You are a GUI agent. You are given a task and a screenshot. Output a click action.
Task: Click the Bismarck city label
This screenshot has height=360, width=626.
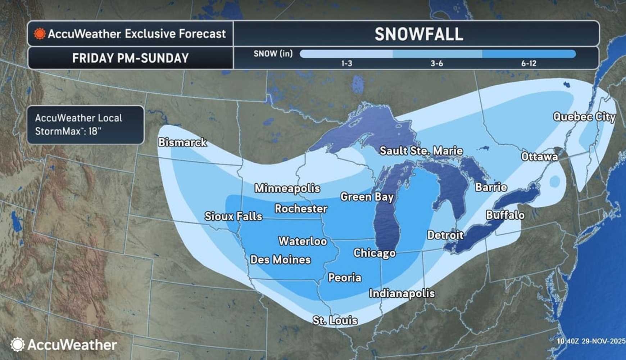pos(182,143)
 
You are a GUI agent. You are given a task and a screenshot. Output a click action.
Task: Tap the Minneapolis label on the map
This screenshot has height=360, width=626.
pos(287,188)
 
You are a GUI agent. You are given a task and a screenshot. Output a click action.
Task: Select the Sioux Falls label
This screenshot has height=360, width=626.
pos(233,216)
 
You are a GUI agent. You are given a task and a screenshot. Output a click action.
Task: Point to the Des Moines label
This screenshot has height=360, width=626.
pos(280,260)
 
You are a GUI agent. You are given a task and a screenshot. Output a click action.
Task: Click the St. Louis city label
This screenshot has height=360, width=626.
pos(335,320)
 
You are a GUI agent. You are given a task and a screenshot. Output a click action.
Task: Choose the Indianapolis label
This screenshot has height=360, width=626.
pos(402,294)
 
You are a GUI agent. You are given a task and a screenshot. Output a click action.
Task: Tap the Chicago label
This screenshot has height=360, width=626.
pos(374,253)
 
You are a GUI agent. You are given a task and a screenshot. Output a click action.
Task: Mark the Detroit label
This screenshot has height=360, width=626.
pos(445,235)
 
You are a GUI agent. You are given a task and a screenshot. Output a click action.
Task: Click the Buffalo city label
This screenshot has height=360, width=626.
pos(505,215)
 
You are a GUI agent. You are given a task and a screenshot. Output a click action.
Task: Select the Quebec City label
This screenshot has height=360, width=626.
pos(584,117)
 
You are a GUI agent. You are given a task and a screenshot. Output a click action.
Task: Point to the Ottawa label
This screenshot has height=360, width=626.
pos(539,157)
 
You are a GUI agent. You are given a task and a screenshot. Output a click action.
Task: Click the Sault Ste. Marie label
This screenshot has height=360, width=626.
pos(421,151)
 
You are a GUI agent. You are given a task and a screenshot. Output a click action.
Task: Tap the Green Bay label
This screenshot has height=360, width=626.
pos(367,197)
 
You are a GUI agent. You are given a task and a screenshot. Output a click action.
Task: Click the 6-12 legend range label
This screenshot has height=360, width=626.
pos(529,64)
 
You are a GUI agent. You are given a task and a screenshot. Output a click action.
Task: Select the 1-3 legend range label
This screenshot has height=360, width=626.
pos(346,64)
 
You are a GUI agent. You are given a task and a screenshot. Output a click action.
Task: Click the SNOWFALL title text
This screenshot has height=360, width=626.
pos(418,35)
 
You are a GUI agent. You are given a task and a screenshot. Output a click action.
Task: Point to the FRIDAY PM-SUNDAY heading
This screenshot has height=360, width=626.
pos(130,58)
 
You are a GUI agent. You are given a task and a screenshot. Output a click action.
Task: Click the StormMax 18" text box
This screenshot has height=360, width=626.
pos(86,125)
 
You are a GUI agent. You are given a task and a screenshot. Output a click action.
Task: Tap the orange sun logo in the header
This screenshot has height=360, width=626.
pos(40,34)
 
